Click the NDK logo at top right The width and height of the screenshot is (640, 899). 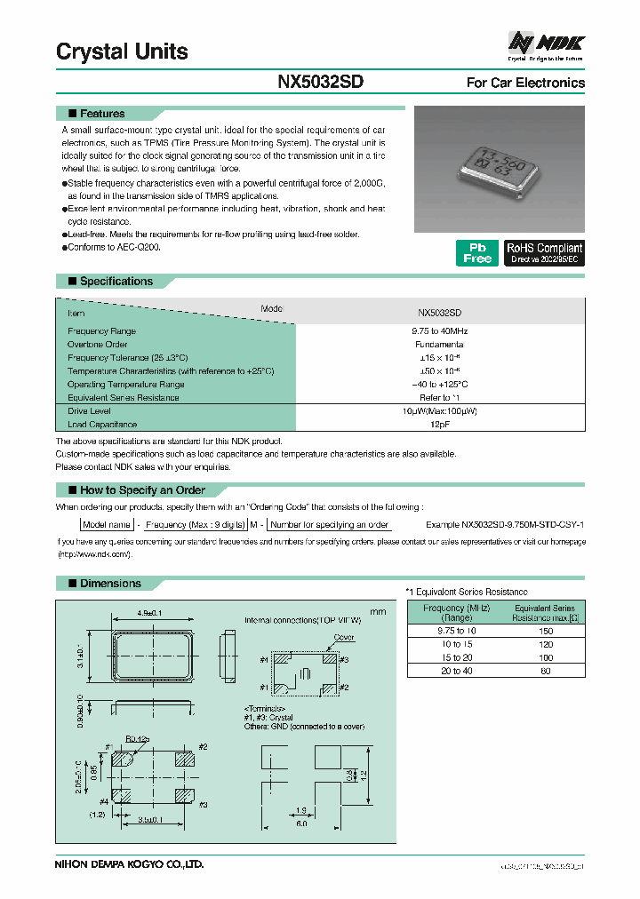coord(545,43)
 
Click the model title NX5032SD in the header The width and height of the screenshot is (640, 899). coord(321,82)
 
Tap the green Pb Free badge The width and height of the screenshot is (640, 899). coord(476,252)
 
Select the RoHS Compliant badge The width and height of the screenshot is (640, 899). coord(544,253)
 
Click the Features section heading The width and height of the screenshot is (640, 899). coord(102,114)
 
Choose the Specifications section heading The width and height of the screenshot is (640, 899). coord(116,282)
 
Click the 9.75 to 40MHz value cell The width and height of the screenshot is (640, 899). coord(439,330)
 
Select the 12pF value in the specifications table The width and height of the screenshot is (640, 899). coord(439,425)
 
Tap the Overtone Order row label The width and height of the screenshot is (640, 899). coord(98,344)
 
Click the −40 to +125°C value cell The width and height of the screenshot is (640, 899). coord(439,385)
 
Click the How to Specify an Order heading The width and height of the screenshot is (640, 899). coord(142,490)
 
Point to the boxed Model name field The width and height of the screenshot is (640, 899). coord(108,525)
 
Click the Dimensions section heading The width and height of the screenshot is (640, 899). coord(110,584)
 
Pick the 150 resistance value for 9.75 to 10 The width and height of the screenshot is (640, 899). coord(545,631)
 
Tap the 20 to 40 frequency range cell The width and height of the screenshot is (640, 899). coord(455,671)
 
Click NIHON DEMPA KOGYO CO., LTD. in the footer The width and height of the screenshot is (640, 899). coord(130,863)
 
